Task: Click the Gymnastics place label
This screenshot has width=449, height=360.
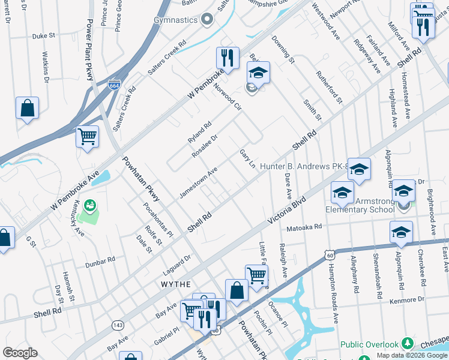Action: pyautogui.click(x=173, y=20)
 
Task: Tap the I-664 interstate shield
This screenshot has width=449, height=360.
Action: pyautogui.click(x=115, y=85)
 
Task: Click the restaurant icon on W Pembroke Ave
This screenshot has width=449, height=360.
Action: pyautogui.click(x=228, y=58)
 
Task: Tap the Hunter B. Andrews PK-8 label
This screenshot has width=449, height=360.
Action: pyautogui.click(x=304, y=166)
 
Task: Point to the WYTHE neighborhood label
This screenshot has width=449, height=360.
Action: pyautogui.click(x=175, y=284)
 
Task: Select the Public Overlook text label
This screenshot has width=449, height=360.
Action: pyautogui.click(x=369, y=344)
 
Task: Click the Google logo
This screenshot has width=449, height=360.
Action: pyautogui.click(x=20, y=353)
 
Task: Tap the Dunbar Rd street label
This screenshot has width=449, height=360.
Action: pyautogui.click(x=100, y=261)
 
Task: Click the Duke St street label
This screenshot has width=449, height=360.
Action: pyautogui.click(x=43, y=35)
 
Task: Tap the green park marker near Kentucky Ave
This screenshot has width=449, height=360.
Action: pyautogui.click(x=89, y=206)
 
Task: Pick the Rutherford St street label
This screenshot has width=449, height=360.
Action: pyautogui.click(x=329, y=86)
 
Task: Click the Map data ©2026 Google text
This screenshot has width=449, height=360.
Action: pyautogui.click(x=412, y=355)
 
